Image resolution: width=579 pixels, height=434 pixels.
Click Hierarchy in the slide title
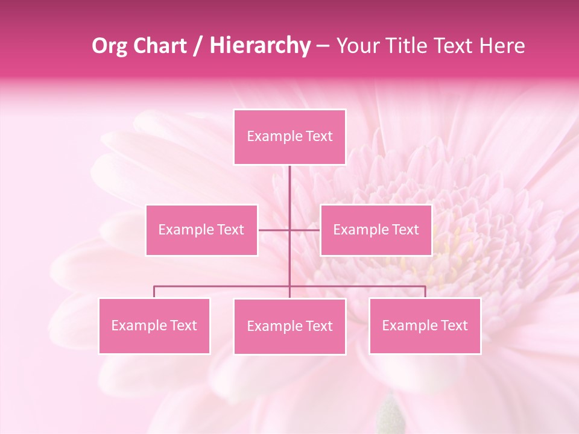(259, 46)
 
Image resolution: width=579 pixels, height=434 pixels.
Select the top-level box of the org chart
(289, 137)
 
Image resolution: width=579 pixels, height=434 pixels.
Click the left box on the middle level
(201, 230)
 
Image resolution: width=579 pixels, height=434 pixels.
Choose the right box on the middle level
(376, 230)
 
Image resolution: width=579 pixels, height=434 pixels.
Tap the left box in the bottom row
(154, 325)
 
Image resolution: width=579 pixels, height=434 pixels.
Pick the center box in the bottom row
(289, 326)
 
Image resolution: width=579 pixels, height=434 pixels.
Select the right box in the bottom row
(425, 325)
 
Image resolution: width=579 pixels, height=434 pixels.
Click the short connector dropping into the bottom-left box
(154, 292)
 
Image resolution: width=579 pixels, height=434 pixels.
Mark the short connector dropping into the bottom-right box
(425, 292)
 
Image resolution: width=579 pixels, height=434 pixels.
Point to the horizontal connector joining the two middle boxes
(274, 230)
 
